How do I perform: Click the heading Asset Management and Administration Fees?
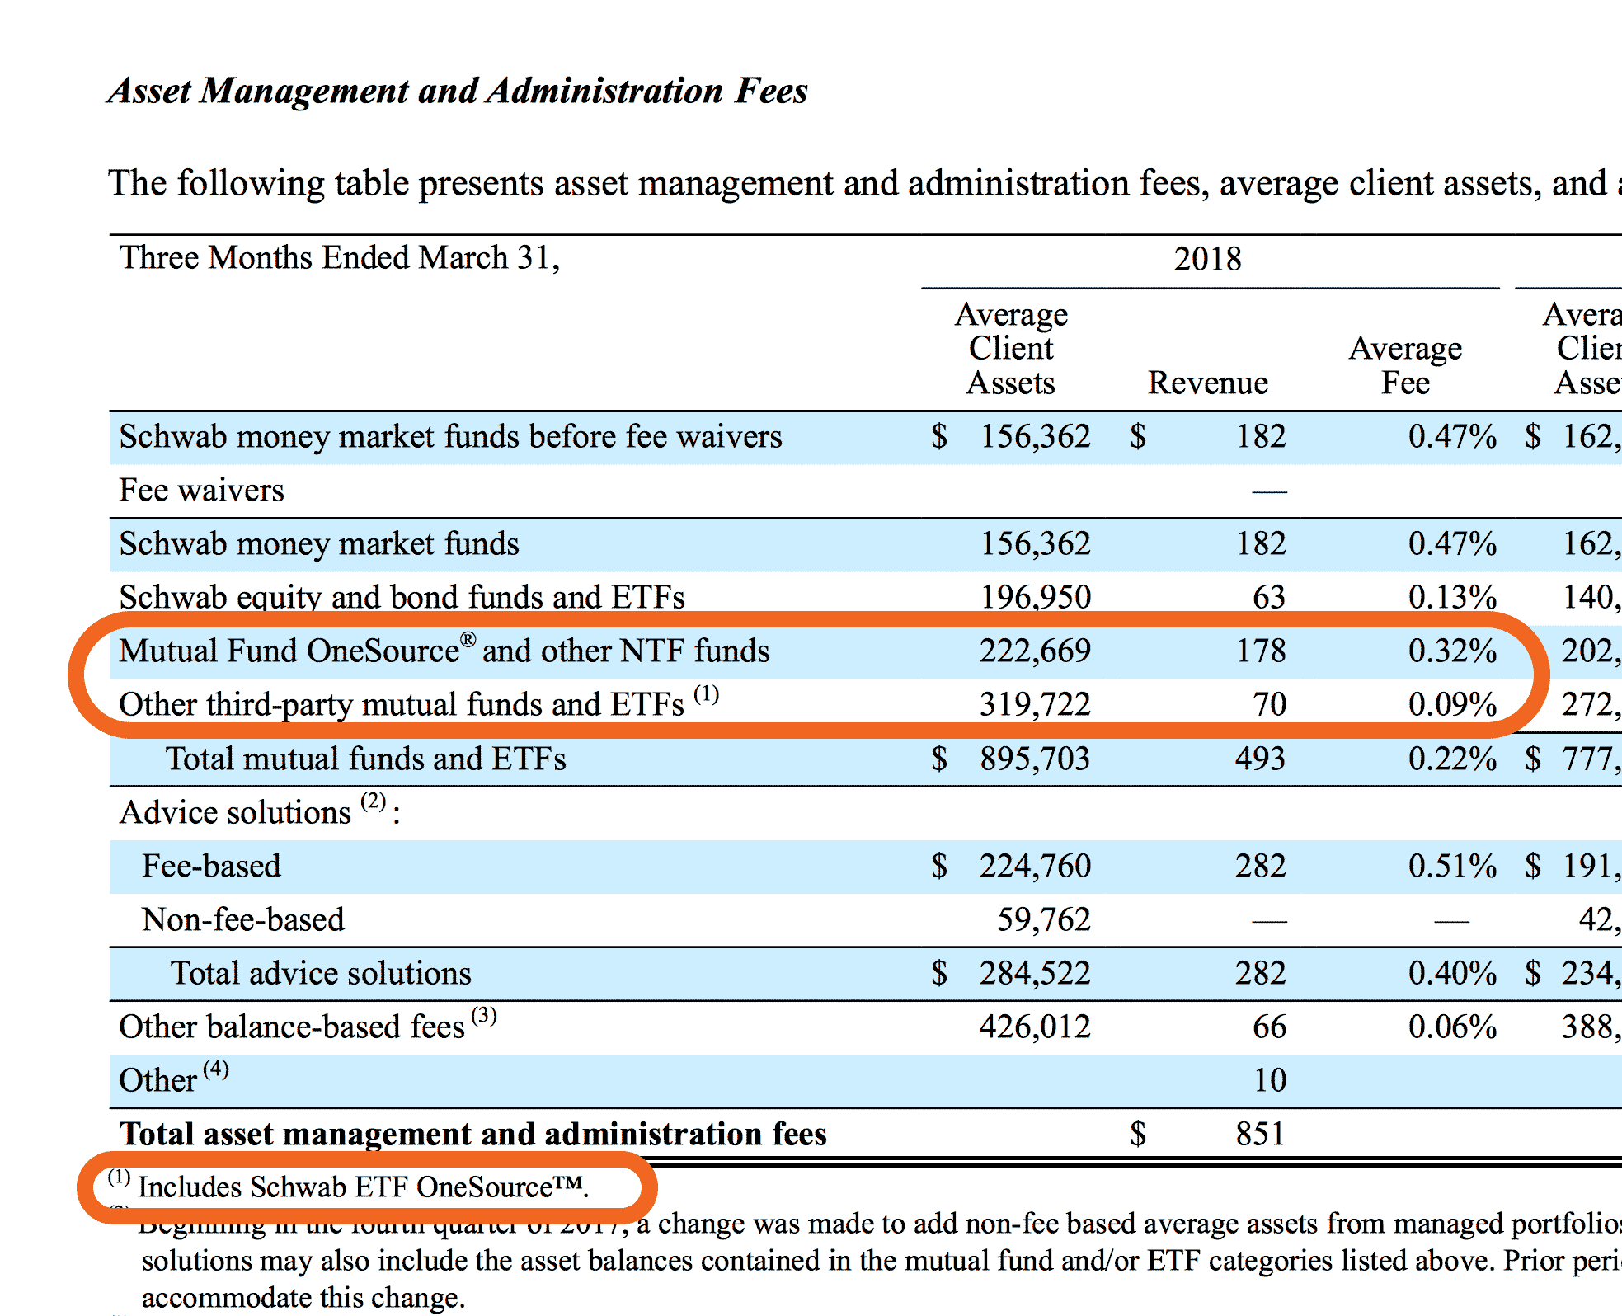tap(458, 91)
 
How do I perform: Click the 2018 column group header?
tap(1207, 259)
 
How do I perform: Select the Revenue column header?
tap(1207, 383)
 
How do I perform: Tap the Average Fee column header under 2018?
tap(1405, 365)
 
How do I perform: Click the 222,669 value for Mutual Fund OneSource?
tap(1035, 651)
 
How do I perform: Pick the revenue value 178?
tap(1261, 651)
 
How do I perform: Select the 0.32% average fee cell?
tap(1452, 651)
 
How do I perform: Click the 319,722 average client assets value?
tap(1035, 705)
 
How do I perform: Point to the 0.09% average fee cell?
tap(1452, 705)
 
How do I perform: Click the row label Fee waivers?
tap(201, 491)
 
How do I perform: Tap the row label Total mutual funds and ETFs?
tap(365, 759)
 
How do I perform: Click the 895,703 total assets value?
tap(1035, 759)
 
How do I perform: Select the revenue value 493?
tap(1260, 759)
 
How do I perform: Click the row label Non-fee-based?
tap(242, 919)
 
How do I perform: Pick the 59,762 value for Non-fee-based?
tap(1043, 919)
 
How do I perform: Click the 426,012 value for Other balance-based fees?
tap(1035, 1027)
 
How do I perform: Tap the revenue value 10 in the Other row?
tap(1270, 1080)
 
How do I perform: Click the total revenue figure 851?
tap(1260, 1135)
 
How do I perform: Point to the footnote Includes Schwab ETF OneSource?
tap(363, 1187)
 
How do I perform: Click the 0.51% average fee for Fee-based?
tap(1452, 866)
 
